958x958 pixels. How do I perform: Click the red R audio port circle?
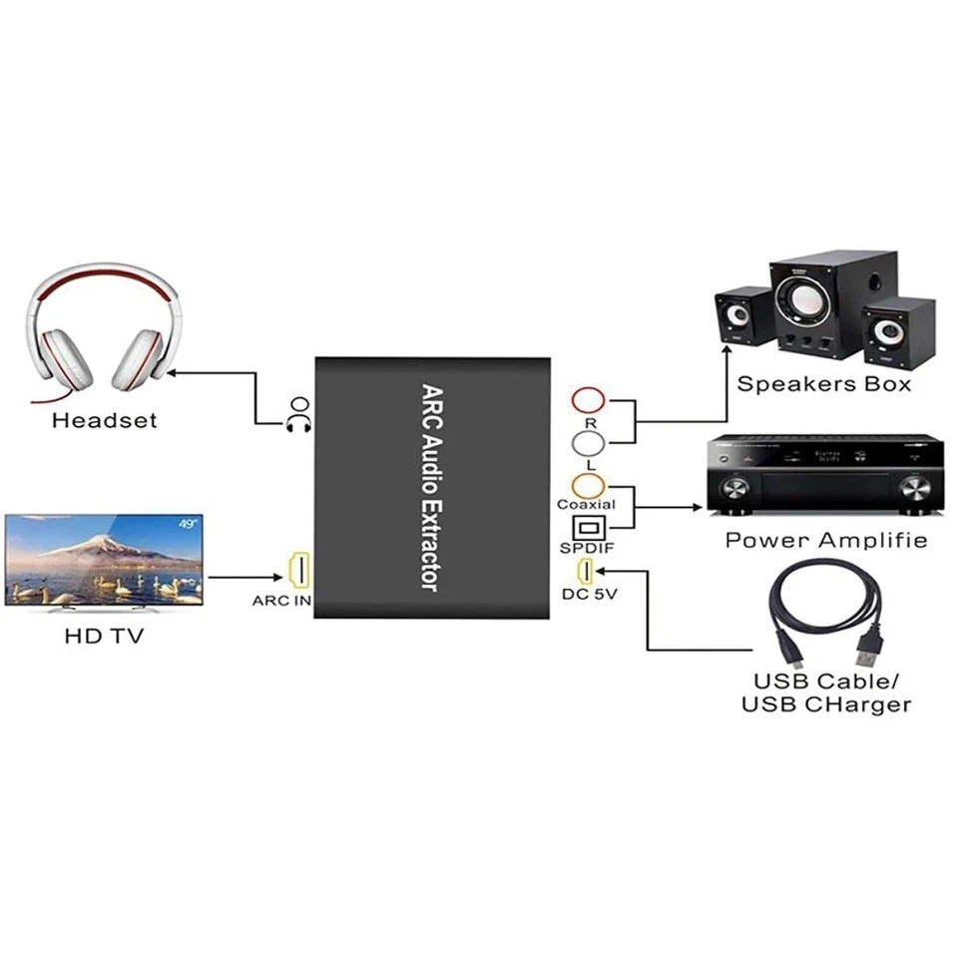click(x=588, y=400)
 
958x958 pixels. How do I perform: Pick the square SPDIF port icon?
click(x=587, y=527)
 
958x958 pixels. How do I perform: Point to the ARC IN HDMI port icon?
click(x=297, y=572)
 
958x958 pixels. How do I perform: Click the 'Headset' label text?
click(x=105, y=420)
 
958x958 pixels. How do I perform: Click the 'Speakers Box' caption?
click(x=823, y=383)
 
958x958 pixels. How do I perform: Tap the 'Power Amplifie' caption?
click(x=825, y=540)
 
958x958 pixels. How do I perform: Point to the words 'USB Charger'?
click(x=825, y=705)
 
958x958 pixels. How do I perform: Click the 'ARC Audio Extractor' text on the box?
click(x=431, y=488)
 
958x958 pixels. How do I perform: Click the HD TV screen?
click(x=104, y=558)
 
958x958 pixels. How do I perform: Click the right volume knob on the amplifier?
click(x=914, y=488)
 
